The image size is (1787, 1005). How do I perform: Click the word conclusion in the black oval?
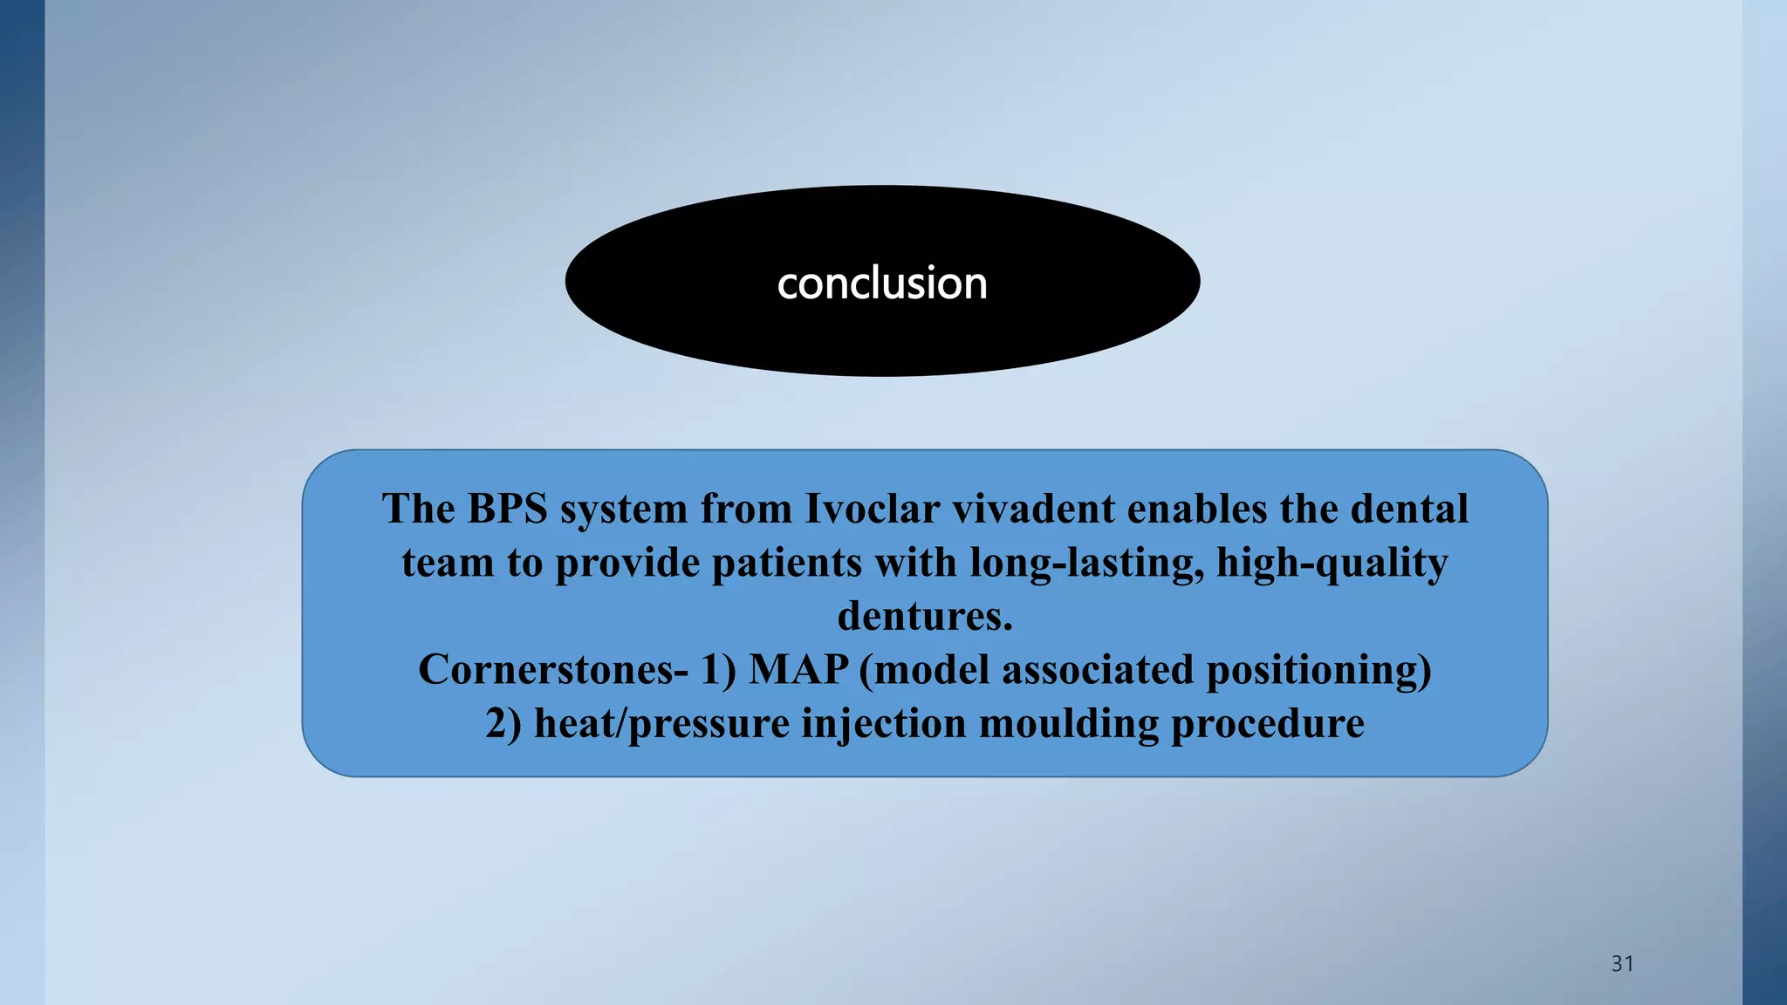tap(882, 284)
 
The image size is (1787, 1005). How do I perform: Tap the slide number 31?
tap(1622, 963)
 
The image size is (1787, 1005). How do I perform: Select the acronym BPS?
tap(507, 509)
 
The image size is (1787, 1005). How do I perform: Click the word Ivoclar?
tap(872, 509)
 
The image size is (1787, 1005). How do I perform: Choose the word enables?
tap(1196, 509)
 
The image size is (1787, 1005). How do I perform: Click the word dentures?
tap(925, 616)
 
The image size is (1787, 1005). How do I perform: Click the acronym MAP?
tap(798, 670)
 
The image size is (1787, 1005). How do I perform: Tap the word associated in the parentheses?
tap(1097, 670)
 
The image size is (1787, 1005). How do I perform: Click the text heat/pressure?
tap(661, 724)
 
